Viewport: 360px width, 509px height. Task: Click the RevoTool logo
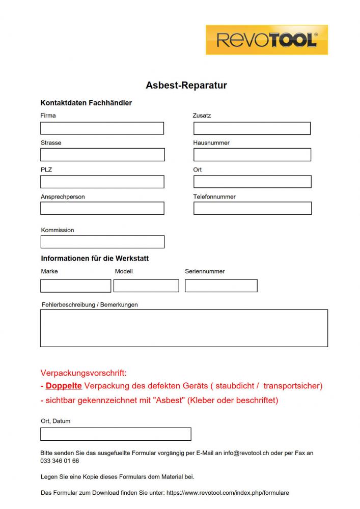[x=266, y=40]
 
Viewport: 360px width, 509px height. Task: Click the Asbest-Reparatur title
[x=186, y=86]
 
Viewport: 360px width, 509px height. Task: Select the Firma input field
[x=102, y=128]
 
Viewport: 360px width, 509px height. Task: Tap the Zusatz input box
[x=252, y=128]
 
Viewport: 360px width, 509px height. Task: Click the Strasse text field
[x=102, y=155]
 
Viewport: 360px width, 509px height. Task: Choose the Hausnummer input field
[x=252, y=155]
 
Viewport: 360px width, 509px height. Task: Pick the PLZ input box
[x=102, y=182]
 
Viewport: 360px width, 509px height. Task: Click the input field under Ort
[x=252, y=182]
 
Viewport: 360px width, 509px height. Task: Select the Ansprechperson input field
[x=102, y=208]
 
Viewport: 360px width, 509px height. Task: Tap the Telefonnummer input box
[x=252, y=208]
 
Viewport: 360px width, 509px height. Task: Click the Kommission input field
[x=102, y=242]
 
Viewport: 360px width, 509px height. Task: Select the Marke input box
[x=75, y=286]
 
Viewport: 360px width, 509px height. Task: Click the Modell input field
[x=146, y=286]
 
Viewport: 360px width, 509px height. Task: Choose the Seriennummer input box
[x=221, y=286]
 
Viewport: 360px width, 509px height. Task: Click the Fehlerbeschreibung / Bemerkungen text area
[x=184, y=328]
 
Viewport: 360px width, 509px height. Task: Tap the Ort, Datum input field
[x=116, y=434]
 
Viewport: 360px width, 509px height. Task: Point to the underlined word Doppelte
[x=64, y=386]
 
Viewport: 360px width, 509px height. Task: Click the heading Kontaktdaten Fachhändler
[x=86, y=103]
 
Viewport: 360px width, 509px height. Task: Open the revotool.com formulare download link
[x=228, y=493]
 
